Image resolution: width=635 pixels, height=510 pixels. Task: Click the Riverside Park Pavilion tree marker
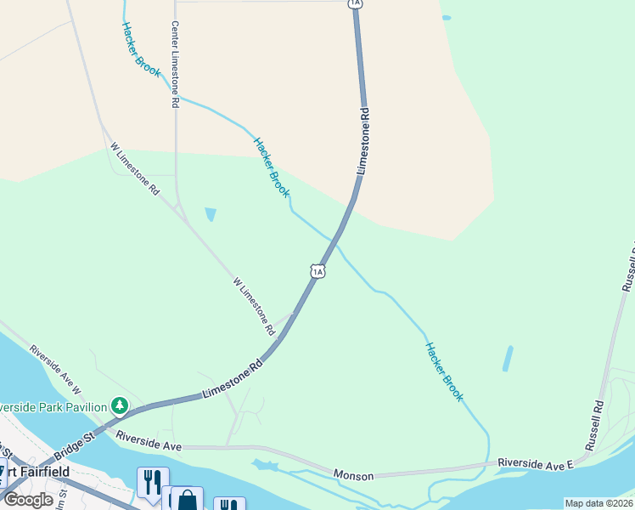[x=121, y=405]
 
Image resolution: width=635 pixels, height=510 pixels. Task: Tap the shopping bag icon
[x=186, y=500]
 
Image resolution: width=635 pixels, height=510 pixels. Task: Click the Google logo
[x=28, y=500]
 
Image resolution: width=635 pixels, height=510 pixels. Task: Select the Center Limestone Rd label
[x=176, y=65]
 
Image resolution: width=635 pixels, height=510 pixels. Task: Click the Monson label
[x=353, y=476]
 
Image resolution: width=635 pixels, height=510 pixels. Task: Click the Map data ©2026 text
[x=598, y=503]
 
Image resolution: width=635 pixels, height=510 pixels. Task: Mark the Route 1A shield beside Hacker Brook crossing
[x=317, y=270]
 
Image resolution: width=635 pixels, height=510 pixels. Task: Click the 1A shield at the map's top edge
[x=356, y=4]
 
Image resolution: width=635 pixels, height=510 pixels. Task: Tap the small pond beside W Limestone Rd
[x=210, y=214]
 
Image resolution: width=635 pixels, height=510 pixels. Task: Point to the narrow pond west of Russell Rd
[x=508, y=358]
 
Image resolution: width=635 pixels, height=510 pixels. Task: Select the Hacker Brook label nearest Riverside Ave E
[x=444, y=371]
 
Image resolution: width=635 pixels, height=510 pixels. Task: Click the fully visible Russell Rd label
[x=593, y=425]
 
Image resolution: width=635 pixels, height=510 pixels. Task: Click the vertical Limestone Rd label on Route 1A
[x=362, y=141]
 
